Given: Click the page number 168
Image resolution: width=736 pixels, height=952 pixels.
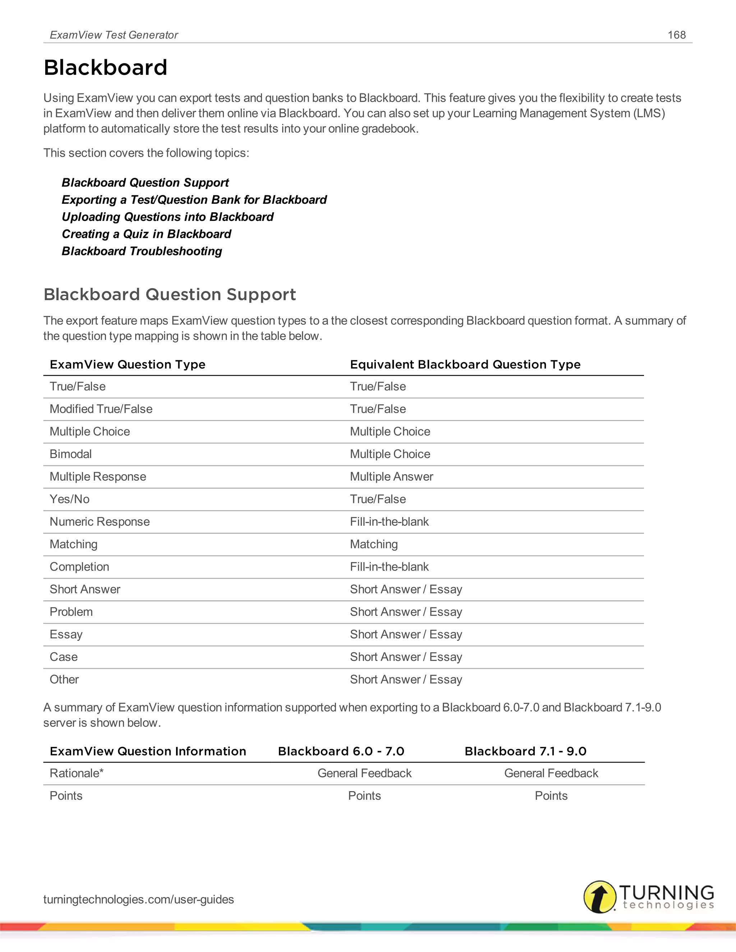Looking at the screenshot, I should pos(676,35).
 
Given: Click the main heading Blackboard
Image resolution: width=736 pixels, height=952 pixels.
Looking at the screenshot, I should pos(106,68).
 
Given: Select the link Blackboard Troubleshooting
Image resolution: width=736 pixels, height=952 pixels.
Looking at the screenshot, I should pos(142,251).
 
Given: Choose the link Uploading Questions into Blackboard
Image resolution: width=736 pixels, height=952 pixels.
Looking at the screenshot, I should pos(167,217).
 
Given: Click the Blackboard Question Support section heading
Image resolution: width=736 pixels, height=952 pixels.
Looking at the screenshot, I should pos(170,295).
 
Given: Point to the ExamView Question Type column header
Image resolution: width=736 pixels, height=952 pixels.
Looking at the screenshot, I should pos(127,364).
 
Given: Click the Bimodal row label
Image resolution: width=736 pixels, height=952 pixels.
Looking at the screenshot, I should pos(71,454).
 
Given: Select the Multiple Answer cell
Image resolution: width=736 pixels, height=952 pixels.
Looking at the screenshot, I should pos(391,477).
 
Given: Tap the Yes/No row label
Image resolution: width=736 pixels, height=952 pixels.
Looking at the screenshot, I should pos(69,499).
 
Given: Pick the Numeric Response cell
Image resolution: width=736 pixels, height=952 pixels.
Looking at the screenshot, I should pos(100,522).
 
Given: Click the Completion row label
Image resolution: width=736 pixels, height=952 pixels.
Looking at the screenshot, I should pos(79,567).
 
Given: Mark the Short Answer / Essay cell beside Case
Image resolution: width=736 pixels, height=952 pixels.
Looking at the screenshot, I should pos(405,657).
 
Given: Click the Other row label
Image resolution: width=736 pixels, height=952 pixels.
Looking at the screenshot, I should pos(64,680).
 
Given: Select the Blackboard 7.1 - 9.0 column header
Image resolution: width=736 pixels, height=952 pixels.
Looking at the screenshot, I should pos(525,751).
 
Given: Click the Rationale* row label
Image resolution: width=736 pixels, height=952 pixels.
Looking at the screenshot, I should pos(76,773).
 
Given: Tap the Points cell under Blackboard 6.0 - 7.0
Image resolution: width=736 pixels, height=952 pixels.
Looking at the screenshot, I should pos(364,796).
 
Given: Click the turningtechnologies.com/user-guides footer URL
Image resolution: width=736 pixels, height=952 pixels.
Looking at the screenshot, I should pos(138,899).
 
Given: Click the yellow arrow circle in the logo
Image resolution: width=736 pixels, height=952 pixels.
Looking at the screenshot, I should pos(600,897).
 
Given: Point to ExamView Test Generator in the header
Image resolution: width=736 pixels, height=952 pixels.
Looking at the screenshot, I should pos(114,35).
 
